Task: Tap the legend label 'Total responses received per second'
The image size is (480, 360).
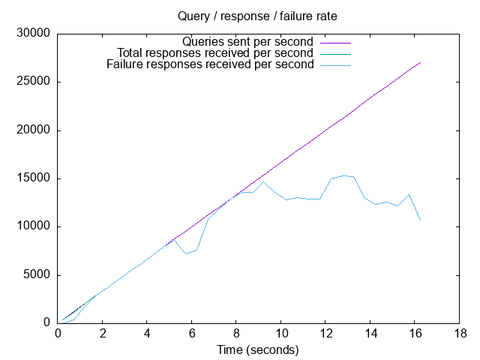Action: coord(215,53)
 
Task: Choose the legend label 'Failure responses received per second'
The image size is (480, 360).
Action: coord(210,64)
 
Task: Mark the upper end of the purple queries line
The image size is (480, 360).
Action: coord(421,62)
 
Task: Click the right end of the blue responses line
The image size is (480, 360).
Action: coord(421,220)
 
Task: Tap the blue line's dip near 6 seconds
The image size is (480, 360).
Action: coord(186,253)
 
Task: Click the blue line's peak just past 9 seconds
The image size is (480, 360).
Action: coord(263,181)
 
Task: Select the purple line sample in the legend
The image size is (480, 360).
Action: coord(335,42)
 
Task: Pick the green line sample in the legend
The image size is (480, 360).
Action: coord(335,53)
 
